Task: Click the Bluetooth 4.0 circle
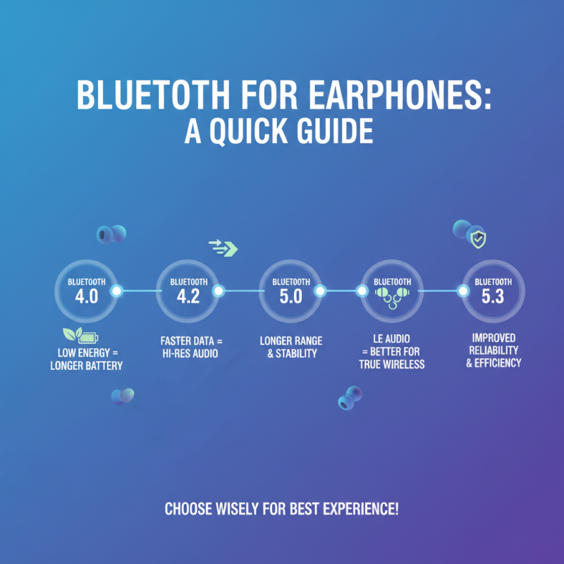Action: tap(86, 290)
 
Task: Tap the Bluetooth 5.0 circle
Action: tap(290, 290)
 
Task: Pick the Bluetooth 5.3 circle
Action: tap(493, 290)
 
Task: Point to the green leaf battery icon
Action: tap(81, 334)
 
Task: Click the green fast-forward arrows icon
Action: tap(223, 247)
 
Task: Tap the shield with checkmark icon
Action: tap(479, 240)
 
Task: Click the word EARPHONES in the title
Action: tap(387, 97)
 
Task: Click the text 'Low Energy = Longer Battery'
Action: tap(86, 358)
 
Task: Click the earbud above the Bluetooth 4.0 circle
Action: tap(111, 234)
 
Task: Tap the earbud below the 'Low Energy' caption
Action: tap(121, 396)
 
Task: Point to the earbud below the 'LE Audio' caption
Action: tap(350, 398)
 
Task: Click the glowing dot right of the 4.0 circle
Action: tap(118, 290)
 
